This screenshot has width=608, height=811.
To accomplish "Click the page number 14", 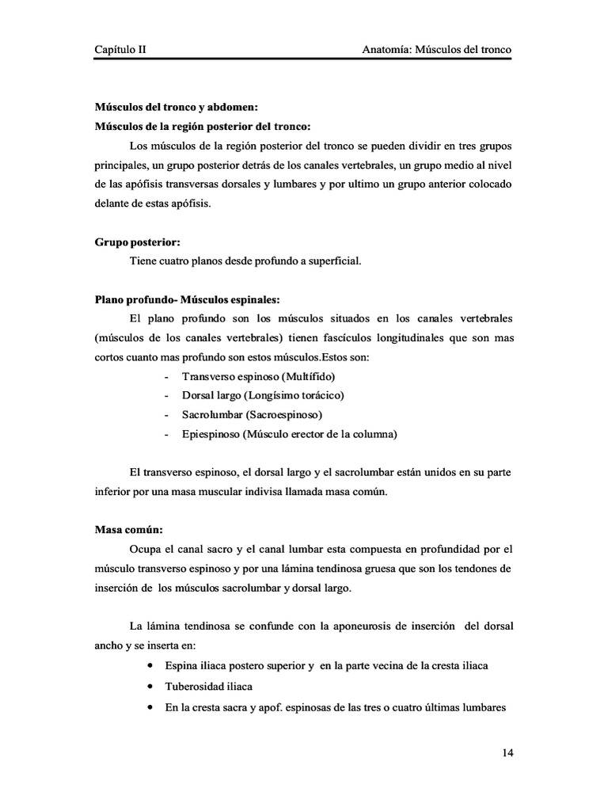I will (x=507, y=752).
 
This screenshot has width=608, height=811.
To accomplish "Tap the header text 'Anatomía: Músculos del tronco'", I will (x=436, y=49).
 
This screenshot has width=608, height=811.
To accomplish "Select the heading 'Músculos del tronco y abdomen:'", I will (x=177, y=107).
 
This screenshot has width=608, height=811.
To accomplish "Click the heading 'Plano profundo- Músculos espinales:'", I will (x=187, y=299).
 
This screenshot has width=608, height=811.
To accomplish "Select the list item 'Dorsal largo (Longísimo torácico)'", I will (x=263, y=395).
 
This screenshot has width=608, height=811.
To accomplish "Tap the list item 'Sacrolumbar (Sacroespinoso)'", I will (x=253, y=414).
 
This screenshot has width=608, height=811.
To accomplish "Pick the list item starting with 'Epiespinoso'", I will (x=289, y=434).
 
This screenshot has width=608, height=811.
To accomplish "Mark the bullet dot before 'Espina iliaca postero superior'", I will (x=150, y=665).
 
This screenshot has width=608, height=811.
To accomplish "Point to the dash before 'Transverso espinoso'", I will (x=165, y=376).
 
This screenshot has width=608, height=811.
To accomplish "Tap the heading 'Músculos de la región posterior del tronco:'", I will (x=202, y=126).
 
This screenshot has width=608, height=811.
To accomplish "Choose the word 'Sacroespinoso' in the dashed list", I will (x=287, y=414).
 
